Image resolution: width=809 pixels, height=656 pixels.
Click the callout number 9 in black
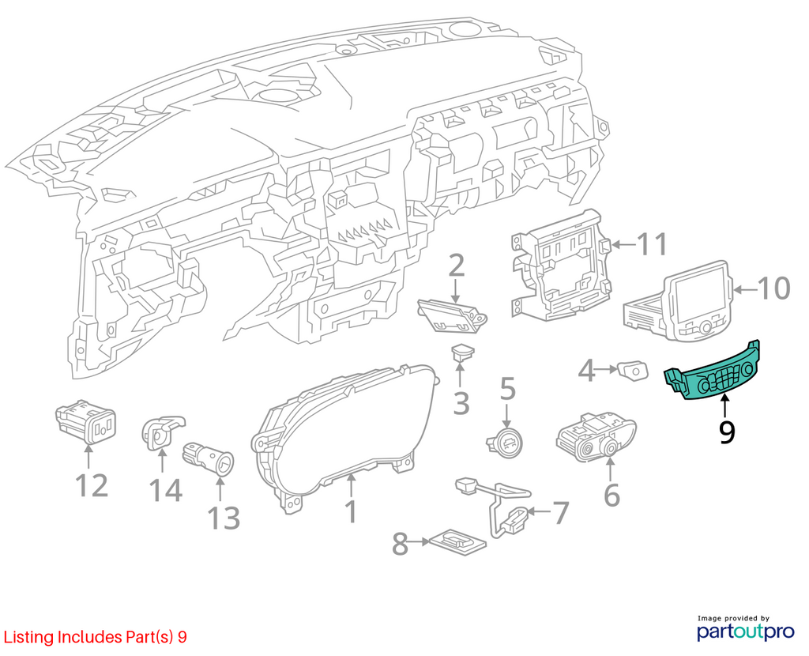[x=727, y=432]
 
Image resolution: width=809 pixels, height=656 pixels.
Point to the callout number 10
[x=773, y=288]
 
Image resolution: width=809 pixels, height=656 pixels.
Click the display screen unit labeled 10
[x=681, y=302]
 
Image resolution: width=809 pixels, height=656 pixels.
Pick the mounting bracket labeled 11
[x=560, y=265]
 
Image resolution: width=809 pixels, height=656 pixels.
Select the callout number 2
[x=456, y=267]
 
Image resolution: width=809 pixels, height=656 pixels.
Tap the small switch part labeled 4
[x=633, y=371]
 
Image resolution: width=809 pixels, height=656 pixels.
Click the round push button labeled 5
[x=506, y=438]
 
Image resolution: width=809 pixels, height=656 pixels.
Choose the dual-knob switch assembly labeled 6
[x=595, y=437]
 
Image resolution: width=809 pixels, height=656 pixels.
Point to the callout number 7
[x=560, y=512]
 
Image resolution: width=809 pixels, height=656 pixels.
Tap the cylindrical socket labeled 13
[x=208, y=459]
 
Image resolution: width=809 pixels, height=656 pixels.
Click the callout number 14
[x=166, y=490]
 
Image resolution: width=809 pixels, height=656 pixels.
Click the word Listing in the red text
[x=28, y=637]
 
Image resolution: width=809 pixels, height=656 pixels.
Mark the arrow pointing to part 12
[x=88, y=456]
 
